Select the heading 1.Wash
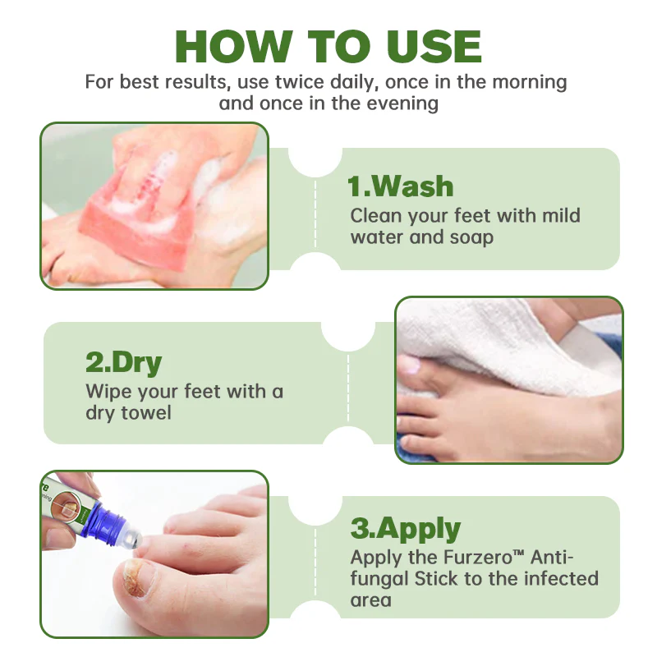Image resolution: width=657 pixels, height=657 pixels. [401, 186]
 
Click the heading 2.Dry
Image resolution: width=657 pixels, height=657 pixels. [124, 362]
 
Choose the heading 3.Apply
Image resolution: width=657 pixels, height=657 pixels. [406, 528]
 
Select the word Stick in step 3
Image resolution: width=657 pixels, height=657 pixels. [430, 578]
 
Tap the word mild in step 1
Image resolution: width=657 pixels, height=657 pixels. [561, 216]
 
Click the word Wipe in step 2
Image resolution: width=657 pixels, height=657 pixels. [107, 391]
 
